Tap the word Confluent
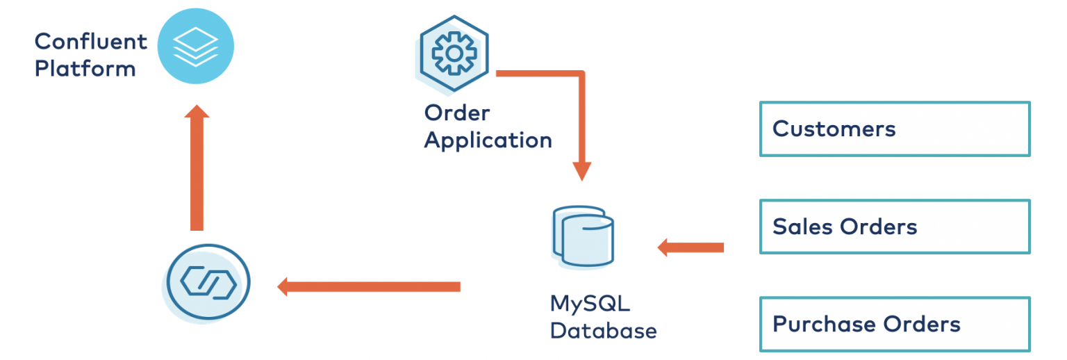[x=91, y=42]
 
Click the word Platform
[x=85, y=69]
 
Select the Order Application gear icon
[x=454, y=54]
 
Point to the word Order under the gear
[x=457, y=113]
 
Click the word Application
[x=488, y=140]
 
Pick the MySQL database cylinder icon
[x=584, y=237]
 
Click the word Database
[x=603, y=330]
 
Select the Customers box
[x=894, y=129]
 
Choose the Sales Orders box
[x=894, y=227]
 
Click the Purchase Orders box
[x=894, y=324]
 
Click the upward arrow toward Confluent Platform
[x=197, y=167]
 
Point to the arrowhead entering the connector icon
[x=283, y=286]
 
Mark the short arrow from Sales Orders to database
[x=690, y=247]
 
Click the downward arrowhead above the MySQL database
[x=581, y=171]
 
